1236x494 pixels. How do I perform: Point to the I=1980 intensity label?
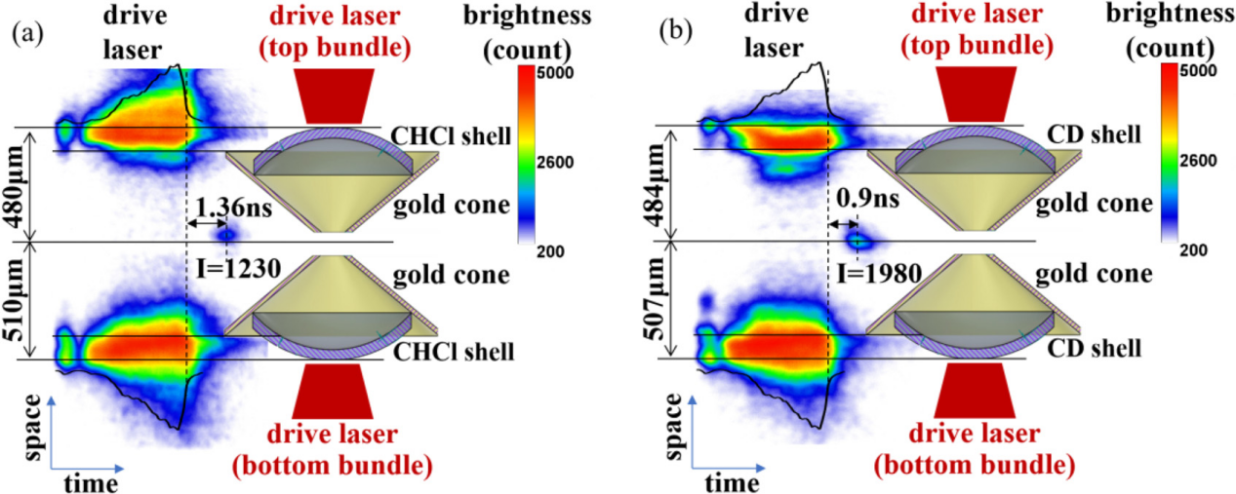[x=877, y=274]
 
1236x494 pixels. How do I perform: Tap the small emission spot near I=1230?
[x=226, y=234]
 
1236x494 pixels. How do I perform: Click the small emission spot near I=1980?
[x=858, y=240]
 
